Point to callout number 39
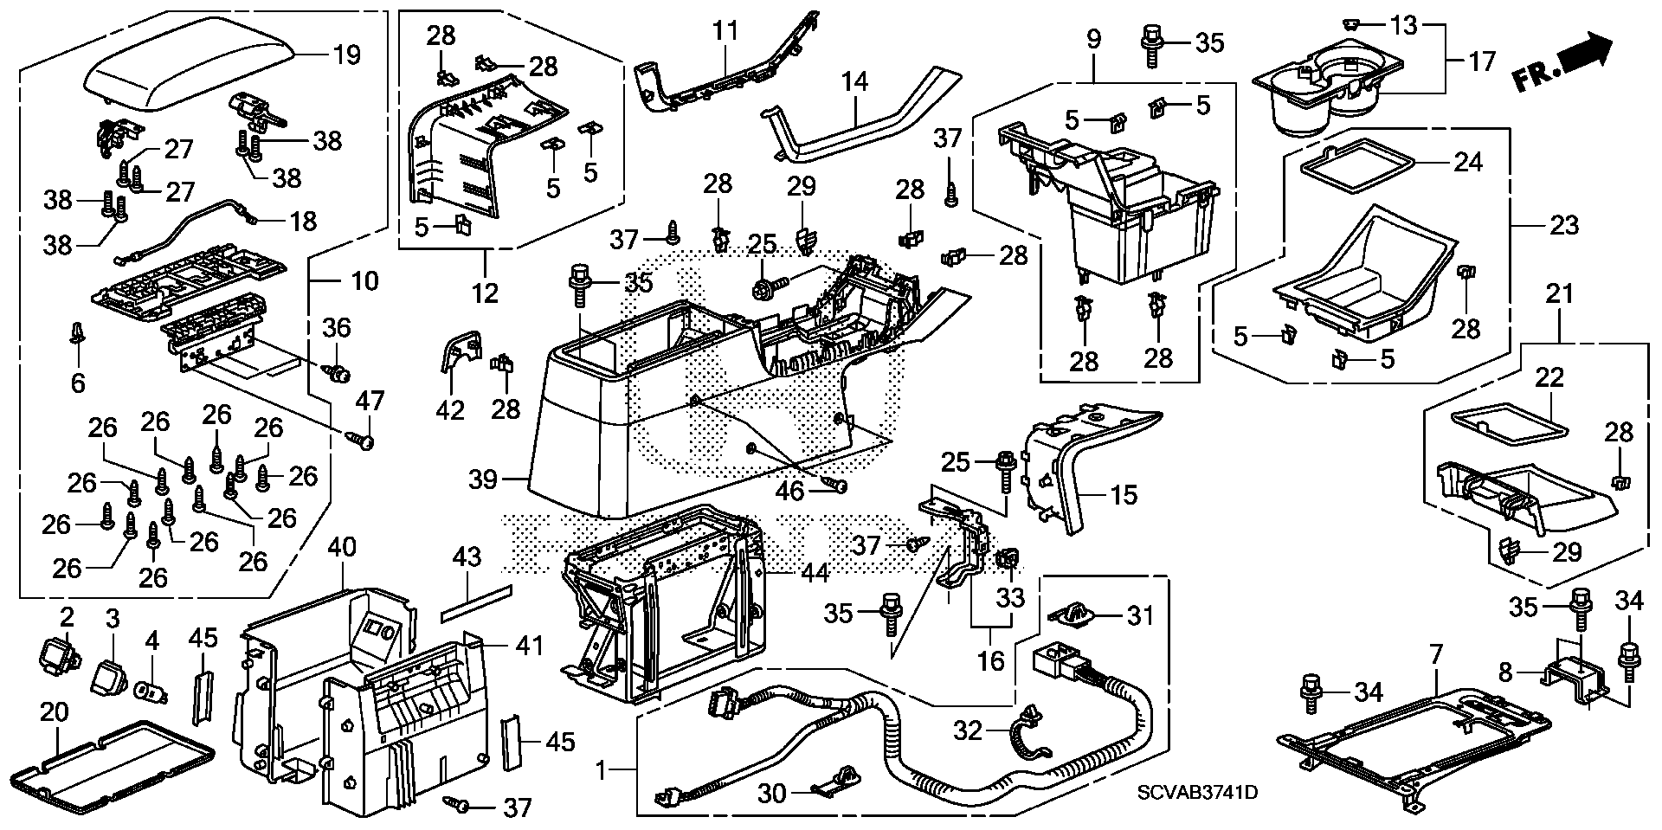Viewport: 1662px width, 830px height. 483,478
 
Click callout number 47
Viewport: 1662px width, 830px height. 371,401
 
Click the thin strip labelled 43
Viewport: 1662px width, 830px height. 476,603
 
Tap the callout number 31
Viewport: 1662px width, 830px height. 1140,615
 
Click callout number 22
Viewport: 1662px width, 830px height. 1550,377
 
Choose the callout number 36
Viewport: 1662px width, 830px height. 338,327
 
